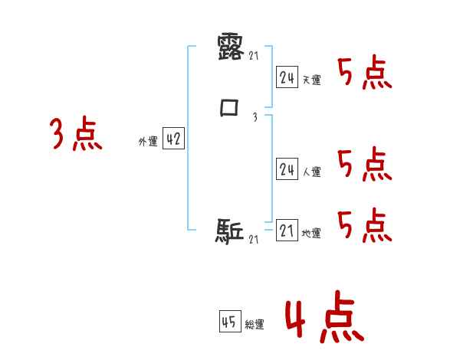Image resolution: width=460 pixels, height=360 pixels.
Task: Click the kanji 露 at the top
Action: click(229, 48)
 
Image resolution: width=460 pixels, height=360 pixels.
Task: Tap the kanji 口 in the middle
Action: click(229, 108)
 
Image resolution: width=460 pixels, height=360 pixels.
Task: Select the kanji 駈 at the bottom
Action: click(229, 231)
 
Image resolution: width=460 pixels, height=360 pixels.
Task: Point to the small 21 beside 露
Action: click(255, 54)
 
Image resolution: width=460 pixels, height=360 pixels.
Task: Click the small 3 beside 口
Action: click(255, 116)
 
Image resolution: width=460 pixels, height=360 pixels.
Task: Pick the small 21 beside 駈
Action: click(255, 240)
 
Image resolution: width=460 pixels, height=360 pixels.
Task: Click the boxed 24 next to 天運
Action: click(287, 77)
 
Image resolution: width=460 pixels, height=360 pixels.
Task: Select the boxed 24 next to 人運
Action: click(287, 170)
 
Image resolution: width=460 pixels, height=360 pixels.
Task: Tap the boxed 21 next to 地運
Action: click(287, 231)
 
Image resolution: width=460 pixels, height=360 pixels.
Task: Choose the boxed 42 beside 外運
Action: click(173, 139)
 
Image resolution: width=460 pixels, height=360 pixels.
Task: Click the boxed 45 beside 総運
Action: click(229, 322)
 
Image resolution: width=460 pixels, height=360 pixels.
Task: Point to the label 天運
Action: click(311, 80)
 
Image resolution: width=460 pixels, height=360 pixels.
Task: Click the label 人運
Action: click(311, 172)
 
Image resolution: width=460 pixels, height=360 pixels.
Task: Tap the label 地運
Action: click(311, 233)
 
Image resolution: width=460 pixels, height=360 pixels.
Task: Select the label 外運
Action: click(147, 142)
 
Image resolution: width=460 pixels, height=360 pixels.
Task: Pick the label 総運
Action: click(255, 325)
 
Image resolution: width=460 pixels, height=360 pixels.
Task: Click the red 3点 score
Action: click(77, 136)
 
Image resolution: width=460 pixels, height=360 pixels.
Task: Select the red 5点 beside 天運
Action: click(365, 74)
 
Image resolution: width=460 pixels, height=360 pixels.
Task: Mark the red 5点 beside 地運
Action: click(365, 225)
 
